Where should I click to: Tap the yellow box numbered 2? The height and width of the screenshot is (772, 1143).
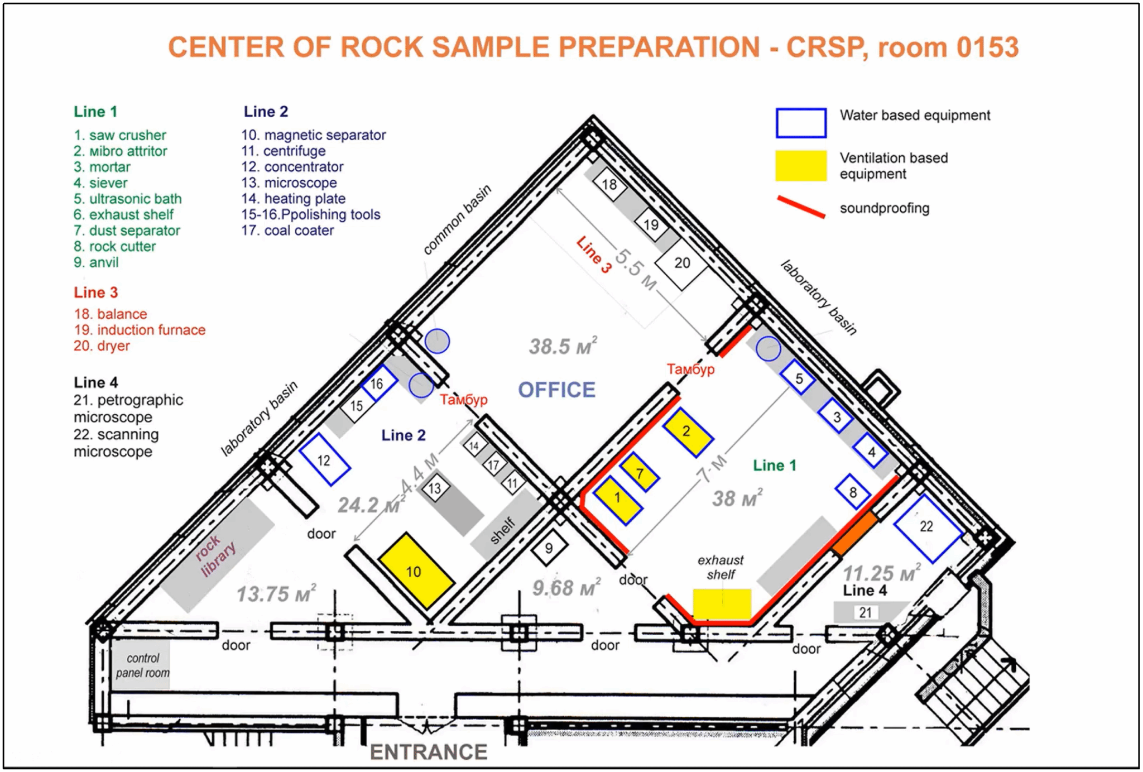688,431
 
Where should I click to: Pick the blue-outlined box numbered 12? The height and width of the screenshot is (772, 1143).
324,459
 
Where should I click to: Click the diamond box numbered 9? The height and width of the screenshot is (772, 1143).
549,549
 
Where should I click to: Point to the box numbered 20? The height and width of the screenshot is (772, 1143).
681,263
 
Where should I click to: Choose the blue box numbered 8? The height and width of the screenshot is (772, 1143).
853,492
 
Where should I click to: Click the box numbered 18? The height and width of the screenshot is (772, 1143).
609,184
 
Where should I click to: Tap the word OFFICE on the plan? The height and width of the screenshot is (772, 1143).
556,390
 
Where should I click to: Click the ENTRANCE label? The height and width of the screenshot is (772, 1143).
428,752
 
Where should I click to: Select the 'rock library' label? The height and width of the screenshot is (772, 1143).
215,555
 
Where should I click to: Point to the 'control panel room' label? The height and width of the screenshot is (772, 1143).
142,665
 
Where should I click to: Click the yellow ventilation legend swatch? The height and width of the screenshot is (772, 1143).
800,165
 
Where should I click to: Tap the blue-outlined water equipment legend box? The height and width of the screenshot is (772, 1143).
800,123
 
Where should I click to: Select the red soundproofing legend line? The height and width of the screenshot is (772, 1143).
801,207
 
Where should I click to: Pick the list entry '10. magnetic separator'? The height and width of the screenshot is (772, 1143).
313,135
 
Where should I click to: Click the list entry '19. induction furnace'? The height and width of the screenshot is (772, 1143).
140,330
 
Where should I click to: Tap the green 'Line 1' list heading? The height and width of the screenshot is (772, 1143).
95,112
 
